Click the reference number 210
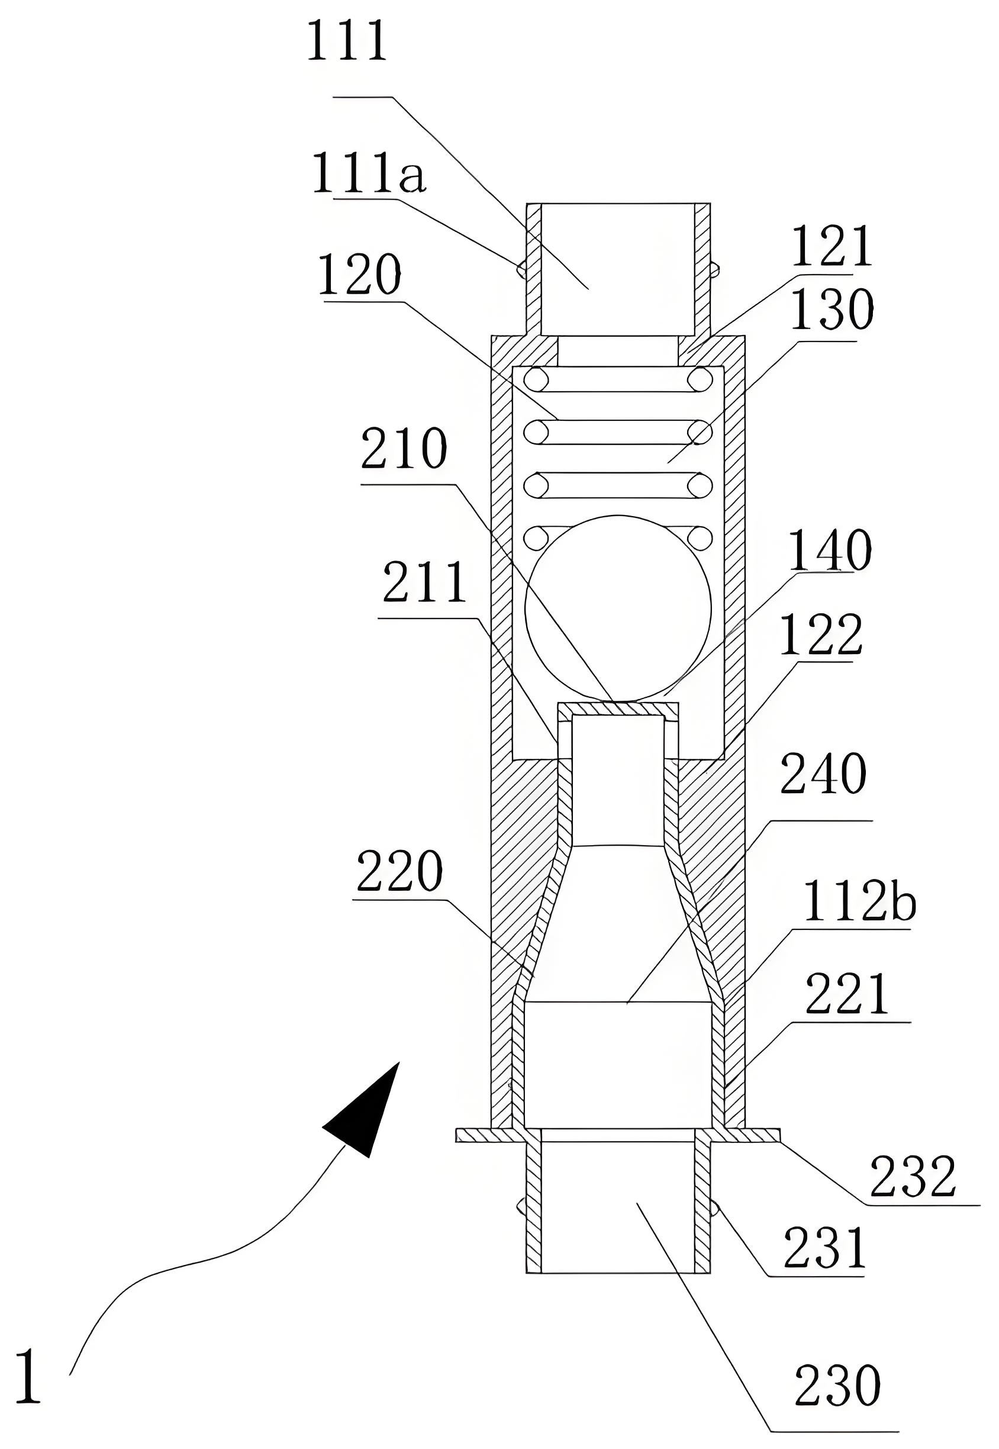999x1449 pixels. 404,449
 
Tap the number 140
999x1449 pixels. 830,549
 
